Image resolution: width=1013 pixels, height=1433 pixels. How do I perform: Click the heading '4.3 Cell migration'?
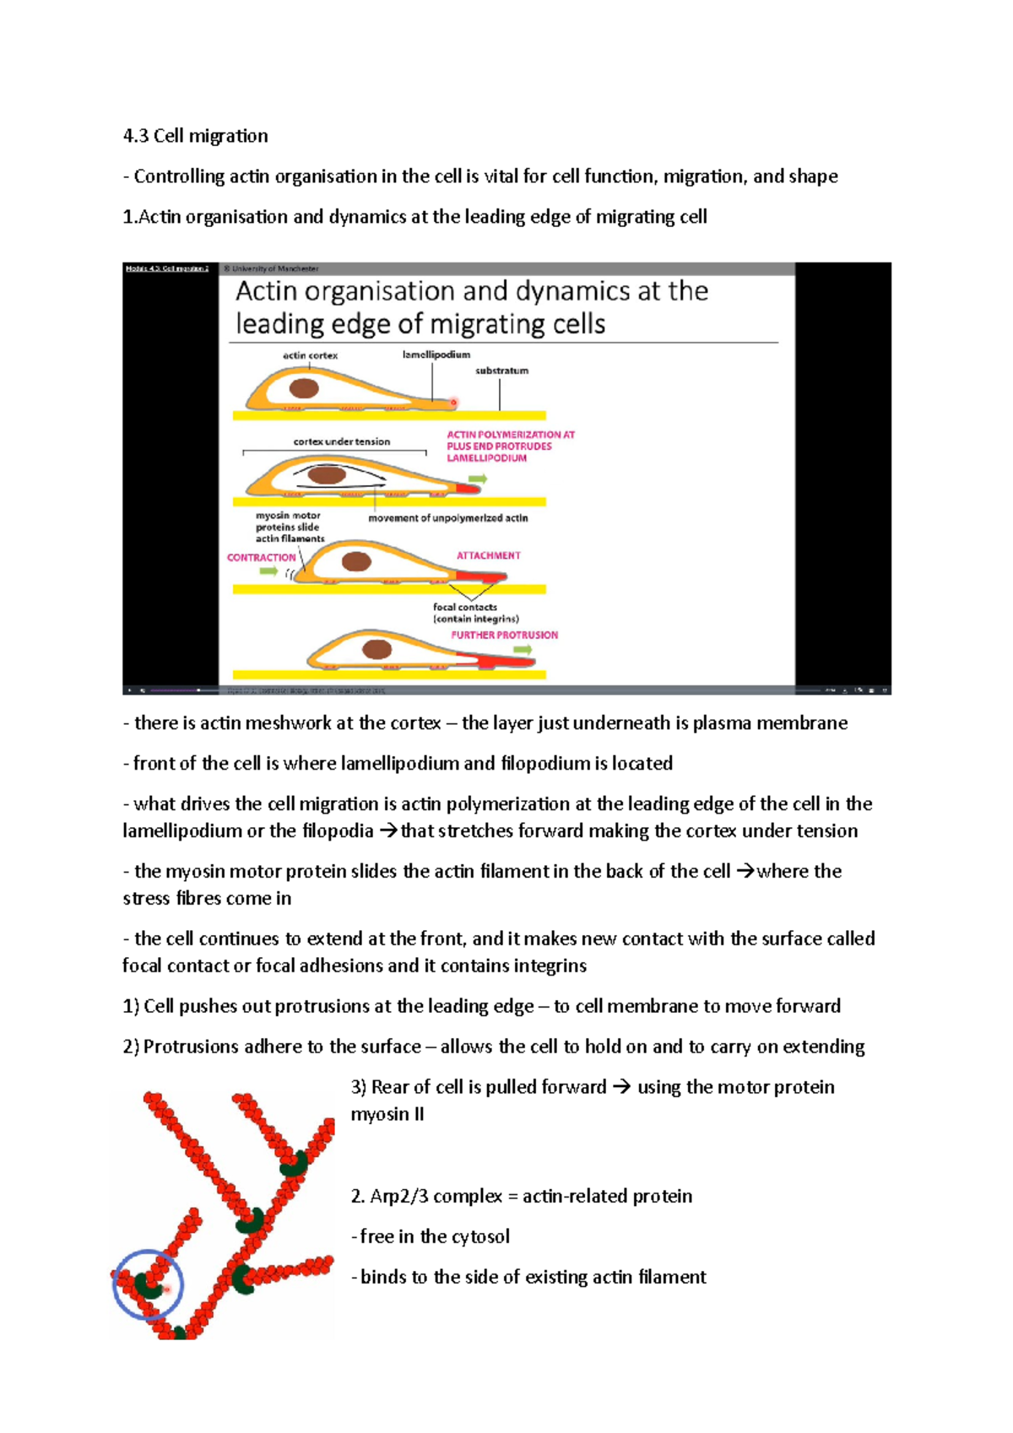195,136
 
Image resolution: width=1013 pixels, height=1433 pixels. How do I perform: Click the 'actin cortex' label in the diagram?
310,355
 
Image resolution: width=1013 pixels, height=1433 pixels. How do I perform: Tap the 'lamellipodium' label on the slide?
436,354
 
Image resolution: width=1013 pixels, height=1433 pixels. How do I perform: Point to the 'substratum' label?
501,370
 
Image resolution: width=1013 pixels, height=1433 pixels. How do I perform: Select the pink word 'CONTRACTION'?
261,558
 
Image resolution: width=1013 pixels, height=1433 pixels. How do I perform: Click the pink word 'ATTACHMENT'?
488,555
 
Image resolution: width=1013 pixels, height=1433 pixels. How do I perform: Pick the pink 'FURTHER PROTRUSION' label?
504,635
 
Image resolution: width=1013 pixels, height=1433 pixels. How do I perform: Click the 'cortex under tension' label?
341,441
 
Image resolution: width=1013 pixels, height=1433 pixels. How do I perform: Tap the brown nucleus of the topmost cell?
304,388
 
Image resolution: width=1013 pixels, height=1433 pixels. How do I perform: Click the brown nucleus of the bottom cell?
376,649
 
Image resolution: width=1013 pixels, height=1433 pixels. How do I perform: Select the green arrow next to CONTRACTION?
268,571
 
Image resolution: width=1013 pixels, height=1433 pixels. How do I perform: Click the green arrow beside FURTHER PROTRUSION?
523,650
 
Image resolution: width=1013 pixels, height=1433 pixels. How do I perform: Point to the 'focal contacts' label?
465,607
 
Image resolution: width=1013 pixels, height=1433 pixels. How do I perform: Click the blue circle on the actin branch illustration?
148,1284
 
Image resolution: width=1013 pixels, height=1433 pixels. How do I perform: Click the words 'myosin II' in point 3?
387,1114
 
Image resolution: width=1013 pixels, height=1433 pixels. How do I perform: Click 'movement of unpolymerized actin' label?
447,518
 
